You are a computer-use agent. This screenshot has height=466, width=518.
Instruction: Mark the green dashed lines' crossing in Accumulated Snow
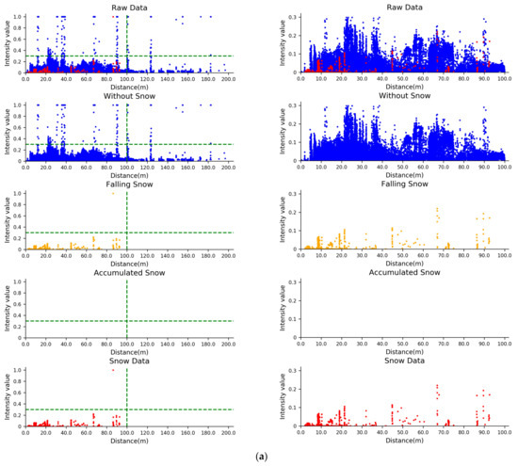(126, 321)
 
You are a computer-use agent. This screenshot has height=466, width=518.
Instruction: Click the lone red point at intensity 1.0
(113, 370)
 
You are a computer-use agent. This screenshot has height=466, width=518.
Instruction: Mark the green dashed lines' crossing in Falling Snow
(126, 233)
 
